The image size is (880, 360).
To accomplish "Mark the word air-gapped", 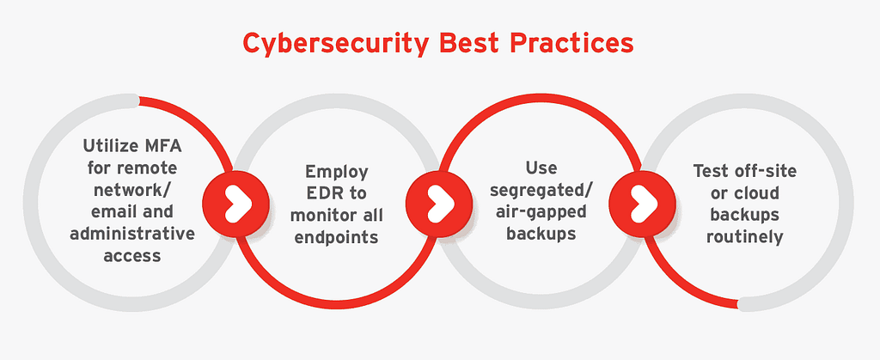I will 535,211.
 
